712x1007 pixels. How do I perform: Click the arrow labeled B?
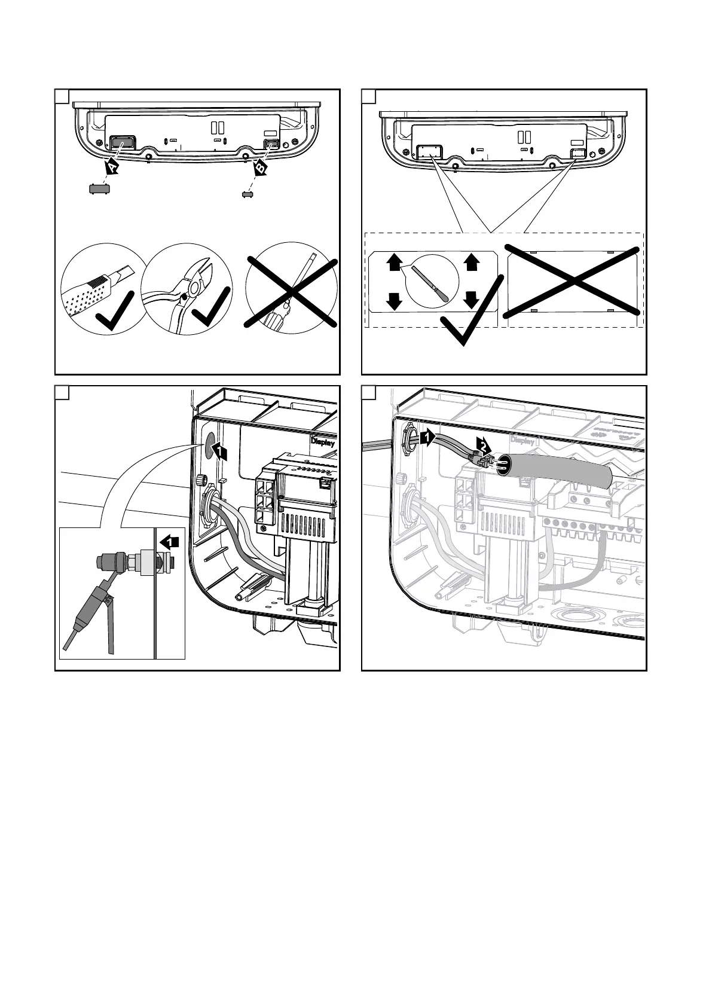261,168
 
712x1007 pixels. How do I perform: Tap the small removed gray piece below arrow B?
246,193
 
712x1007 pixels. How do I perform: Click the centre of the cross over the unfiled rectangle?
573,280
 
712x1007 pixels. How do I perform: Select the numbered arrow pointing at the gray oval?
220,453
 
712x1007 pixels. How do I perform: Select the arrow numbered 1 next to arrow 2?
427,438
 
